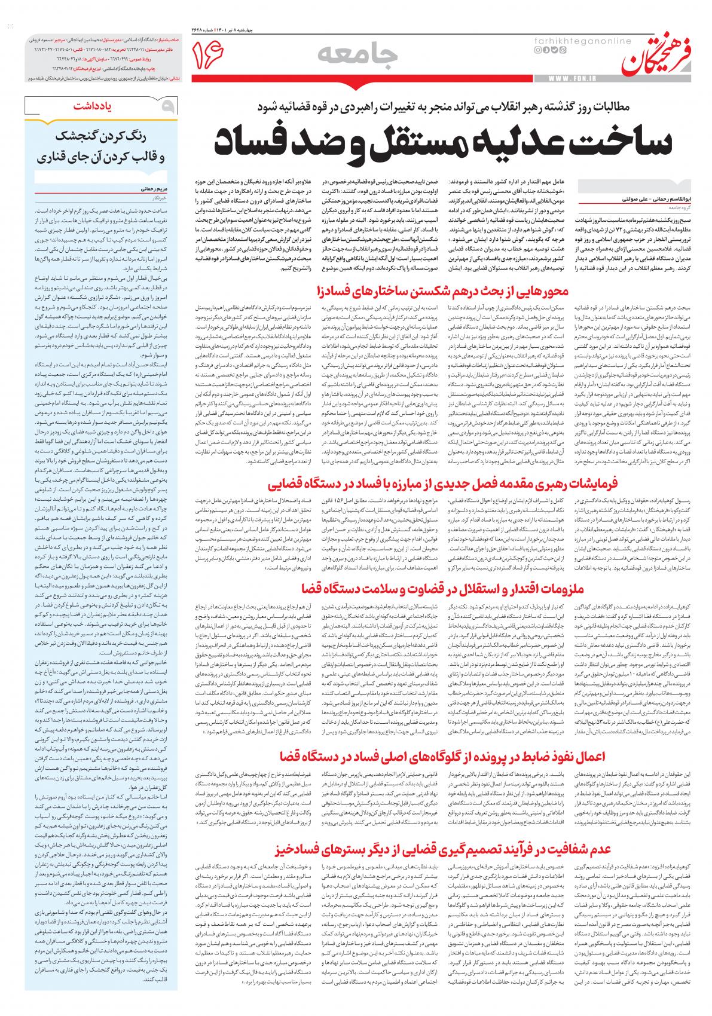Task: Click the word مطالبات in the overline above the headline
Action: (x=649, y=106)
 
